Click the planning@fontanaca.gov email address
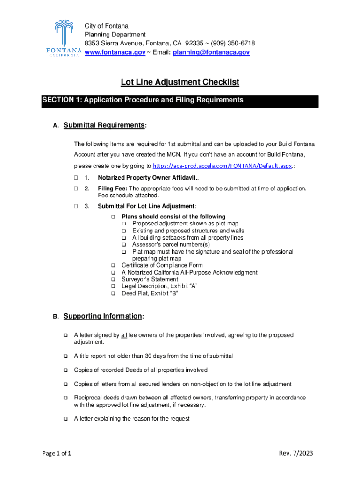[211, 53]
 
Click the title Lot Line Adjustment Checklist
[180, 82]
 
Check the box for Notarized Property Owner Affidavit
[76, 178]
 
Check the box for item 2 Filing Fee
[76, 189]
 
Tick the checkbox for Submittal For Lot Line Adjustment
[76, 206]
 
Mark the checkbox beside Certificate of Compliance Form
[113, 266]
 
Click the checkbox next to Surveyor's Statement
[113, 280]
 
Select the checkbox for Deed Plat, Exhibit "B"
[113, 294]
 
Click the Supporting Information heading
[102, 316]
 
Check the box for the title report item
[66, 356]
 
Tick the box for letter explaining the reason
[66, 419]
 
